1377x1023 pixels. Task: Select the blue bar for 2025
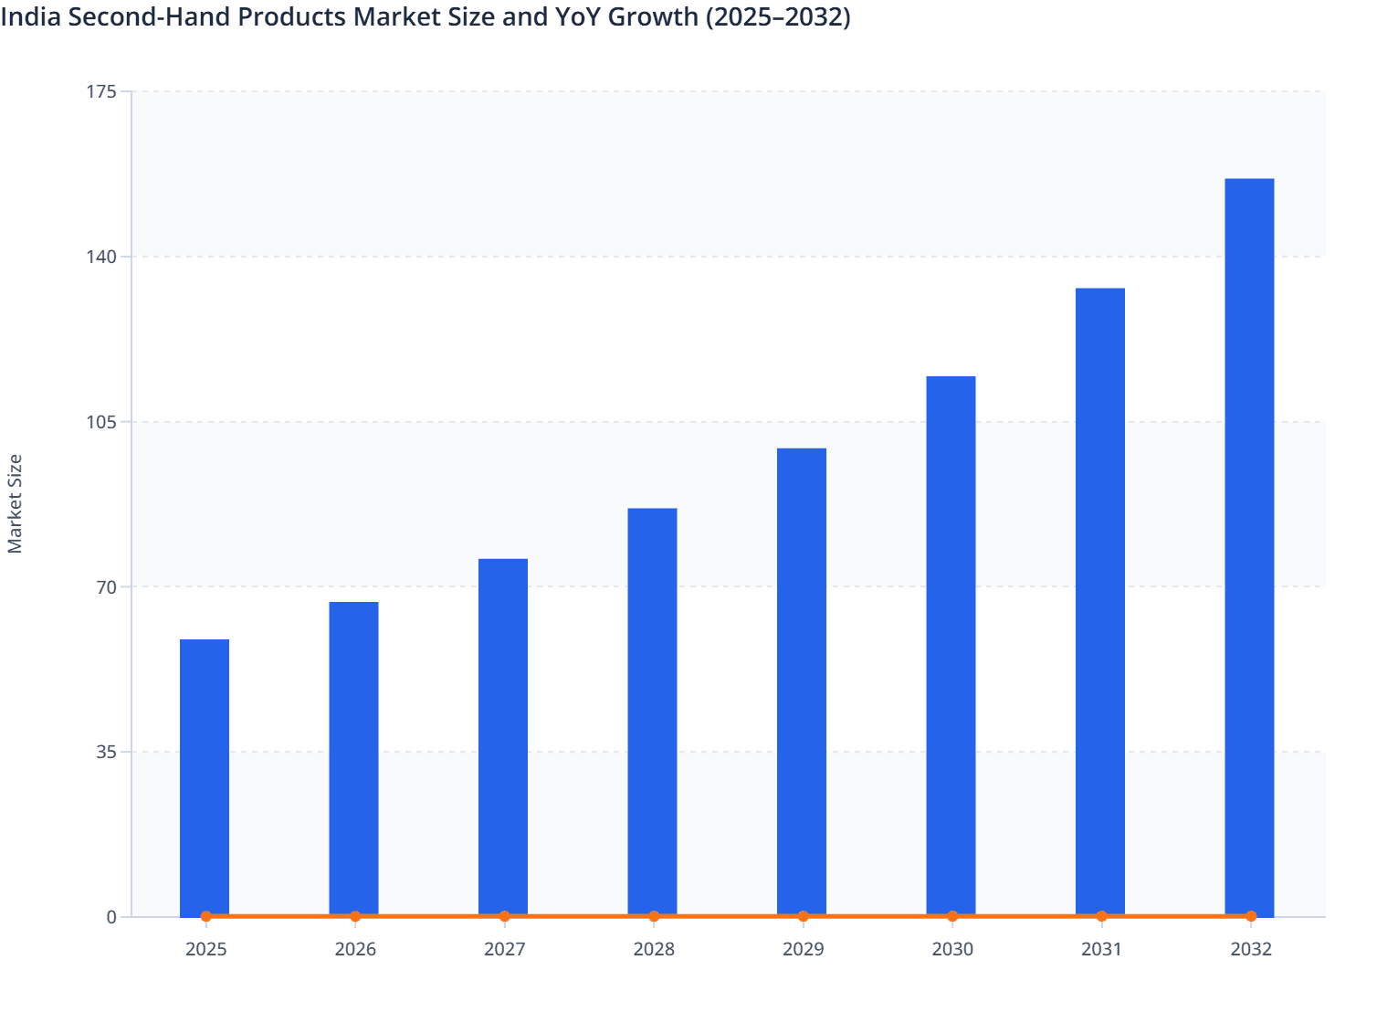(205, 776)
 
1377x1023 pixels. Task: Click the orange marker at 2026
(355, 916)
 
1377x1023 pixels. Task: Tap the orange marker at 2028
(654, 916)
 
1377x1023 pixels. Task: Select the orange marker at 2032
(1251, 916)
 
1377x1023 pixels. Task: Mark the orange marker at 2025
(206, 916)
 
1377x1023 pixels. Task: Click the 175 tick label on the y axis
(103, 91)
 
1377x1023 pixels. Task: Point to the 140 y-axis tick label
(103, 257)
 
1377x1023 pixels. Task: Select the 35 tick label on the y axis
(108, 752)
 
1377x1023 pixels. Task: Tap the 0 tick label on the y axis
(111, 917)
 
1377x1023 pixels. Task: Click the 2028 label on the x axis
(654, 950)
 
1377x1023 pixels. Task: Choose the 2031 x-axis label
(1101, 950)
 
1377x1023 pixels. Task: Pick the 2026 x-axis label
(355, 950)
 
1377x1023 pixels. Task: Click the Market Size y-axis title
(16, 504)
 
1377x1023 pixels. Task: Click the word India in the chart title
(26, 16)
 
